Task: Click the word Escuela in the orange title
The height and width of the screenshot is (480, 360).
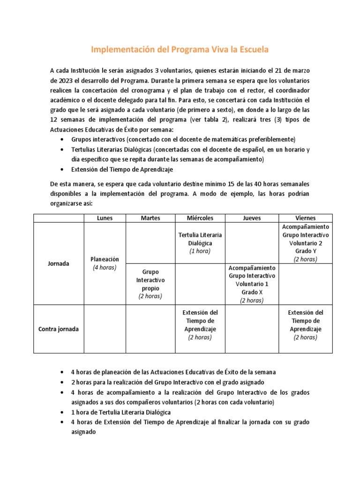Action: [252, 49]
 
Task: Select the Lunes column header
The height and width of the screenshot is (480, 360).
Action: [105, 218]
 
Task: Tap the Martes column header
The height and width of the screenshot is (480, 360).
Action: [150, 218]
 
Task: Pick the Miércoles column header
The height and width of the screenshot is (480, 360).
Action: [200, 218]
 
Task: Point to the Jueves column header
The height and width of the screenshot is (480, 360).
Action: [252, 218]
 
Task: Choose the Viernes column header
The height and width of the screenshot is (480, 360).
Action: [305, 218]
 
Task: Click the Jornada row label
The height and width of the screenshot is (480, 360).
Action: [58, 263]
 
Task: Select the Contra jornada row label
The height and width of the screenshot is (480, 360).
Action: [58, 329]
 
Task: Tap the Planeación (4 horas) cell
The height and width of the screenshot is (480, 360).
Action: [105, 263]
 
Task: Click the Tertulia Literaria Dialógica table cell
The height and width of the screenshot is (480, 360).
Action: [200, 243]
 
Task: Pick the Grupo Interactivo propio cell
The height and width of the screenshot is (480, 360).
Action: [150, 284]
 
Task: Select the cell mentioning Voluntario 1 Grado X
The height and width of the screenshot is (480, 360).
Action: [252, 284]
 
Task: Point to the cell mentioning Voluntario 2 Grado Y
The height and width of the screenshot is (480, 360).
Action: [305, 243]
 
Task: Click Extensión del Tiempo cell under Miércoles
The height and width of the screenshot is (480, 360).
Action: [200, 324]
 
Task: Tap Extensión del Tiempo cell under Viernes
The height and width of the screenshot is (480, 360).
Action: [305, 324]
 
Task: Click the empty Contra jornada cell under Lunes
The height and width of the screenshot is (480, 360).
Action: [105, 329]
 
